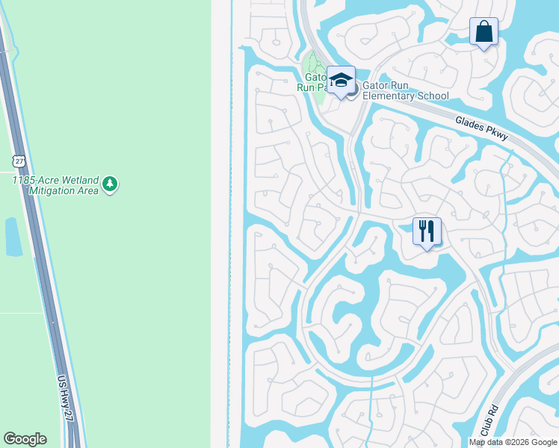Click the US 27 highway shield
tap(19, 161)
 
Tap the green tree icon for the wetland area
tap(110, 184)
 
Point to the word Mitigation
tap(40, 190)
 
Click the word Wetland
tap(77, 180)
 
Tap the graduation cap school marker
tap(341, 80)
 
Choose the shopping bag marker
tap(484, 32)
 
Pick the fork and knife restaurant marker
tap(427, 231)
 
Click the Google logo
tap(25, 439)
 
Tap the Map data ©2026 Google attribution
tap(513, 442)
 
